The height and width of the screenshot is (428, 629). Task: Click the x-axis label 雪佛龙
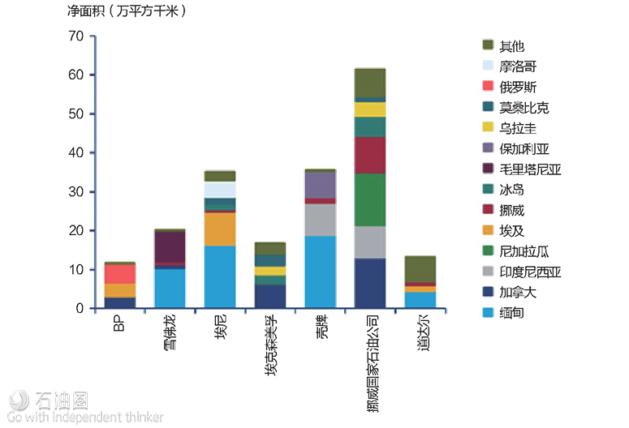(169, 332)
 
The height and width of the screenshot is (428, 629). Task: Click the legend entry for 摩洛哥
(517, 66)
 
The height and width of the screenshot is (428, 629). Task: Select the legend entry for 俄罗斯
(517, 87)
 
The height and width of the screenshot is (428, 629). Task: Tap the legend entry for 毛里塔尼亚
(530, 169)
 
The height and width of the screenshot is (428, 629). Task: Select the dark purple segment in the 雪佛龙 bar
(170, 246)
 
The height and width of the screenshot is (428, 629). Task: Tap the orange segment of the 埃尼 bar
(220, 229)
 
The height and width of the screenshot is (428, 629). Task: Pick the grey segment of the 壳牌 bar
(319, 220)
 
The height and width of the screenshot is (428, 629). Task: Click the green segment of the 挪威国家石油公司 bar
(370, 199)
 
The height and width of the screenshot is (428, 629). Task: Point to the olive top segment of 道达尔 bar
(420, 269)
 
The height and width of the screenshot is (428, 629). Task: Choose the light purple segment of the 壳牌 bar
(319, 185)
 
